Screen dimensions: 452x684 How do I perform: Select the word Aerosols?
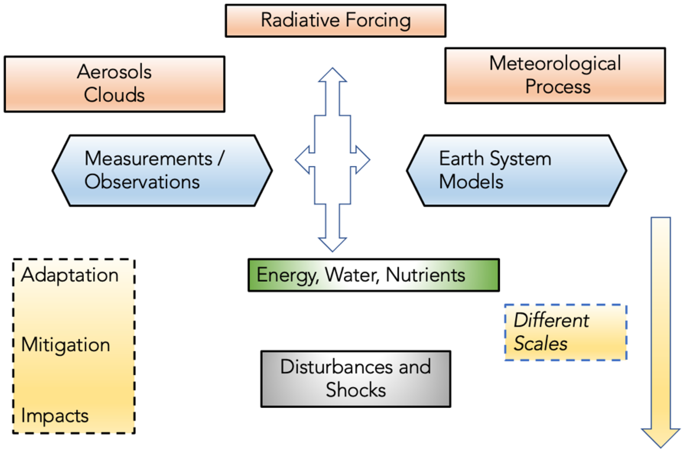[114, 72]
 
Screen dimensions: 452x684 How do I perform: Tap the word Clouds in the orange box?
[114, 95]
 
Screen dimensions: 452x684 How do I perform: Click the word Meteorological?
[555, 63]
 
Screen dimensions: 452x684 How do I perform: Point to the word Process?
[558, 87]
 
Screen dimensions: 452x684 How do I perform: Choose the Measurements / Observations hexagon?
[162, 170]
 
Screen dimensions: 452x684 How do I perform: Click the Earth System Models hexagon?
[516, 170]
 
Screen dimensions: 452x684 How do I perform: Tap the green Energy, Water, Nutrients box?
[373, 275]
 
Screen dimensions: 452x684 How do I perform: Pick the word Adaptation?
[70, 275]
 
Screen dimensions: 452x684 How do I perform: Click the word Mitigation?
[66, 345]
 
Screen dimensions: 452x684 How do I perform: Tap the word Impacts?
[55, 416]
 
